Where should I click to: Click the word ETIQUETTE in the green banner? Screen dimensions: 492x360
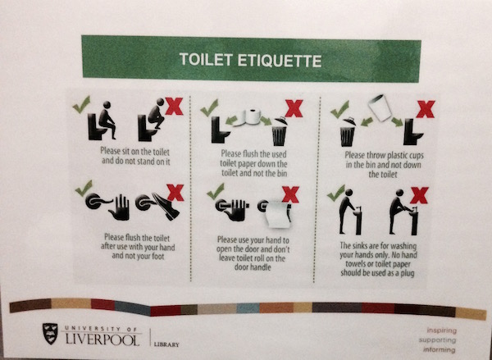click(280, 60)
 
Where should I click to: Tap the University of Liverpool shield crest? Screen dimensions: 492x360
click(50, 334)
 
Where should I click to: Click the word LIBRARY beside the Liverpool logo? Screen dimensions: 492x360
click(166, 344)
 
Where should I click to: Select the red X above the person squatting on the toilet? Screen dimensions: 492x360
click(174, 106)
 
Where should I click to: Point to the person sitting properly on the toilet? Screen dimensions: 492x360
click(107, 120)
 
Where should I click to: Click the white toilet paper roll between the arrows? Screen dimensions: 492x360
click(249, 117)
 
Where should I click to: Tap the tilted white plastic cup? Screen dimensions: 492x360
click(380, 107)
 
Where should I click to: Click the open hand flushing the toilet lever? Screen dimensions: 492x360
click(119, 207)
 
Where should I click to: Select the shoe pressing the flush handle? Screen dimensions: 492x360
click(166, 206)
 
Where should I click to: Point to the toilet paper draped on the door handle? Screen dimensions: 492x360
click(278, 214)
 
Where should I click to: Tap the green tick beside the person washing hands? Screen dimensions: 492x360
click(335, 193)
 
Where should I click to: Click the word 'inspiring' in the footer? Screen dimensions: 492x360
click(441, 330)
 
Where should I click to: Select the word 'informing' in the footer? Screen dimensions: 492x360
click(440, 349)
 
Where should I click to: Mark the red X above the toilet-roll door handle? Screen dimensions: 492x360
click(290, 194)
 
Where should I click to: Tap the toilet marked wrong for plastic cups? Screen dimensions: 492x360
click(412, 132)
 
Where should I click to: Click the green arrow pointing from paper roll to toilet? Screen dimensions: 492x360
click(231, 120)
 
